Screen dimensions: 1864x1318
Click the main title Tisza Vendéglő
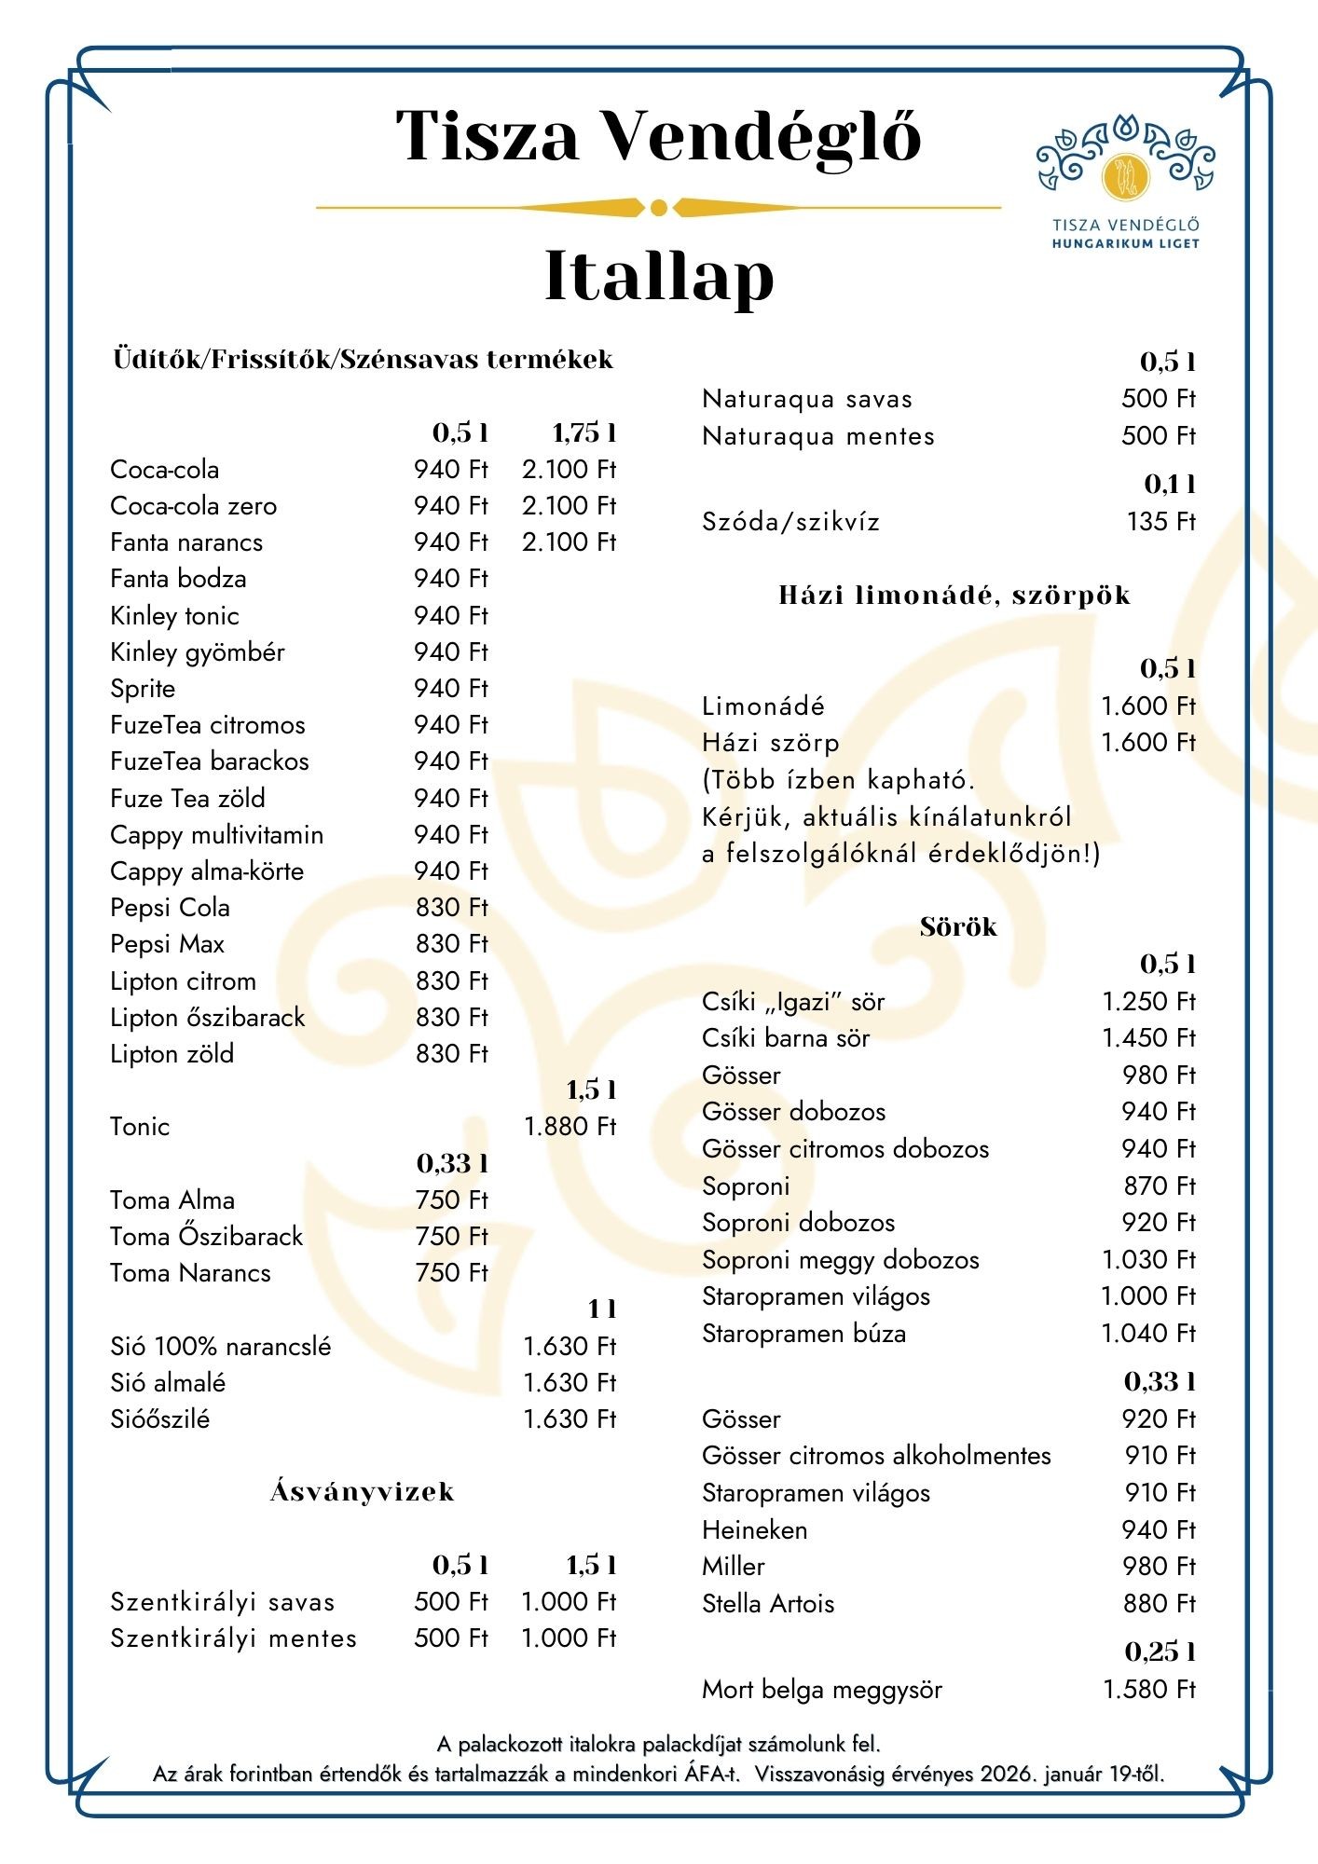658,136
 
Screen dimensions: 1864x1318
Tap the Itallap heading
658,276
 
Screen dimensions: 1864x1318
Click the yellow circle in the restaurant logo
1126,177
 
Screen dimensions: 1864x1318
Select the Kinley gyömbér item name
197,652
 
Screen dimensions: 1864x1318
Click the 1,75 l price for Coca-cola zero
569,506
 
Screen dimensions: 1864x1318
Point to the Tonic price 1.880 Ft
570,1127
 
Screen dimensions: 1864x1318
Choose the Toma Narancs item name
190,1273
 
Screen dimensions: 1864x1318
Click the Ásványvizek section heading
363,1492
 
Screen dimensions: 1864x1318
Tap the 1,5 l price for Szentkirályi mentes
569,1638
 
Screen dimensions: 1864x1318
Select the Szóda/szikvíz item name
790,522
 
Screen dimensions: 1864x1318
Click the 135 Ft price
1160,522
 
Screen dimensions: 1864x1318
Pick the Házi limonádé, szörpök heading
954,596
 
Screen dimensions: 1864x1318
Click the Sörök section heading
958,927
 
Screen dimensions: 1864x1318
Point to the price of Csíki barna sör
1148,1038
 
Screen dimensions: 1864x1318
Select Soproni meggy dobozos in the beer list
840,1260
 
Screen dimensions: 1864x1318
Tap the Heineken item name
754,1530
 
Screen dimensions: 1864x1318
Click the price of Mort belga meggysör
1148,1690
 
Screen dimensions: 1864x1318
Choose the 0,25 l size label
1160,1652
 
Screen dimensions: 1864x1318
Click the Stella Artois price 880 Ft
1159,1604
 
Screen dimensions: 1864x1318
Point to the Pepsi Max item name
167,944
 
